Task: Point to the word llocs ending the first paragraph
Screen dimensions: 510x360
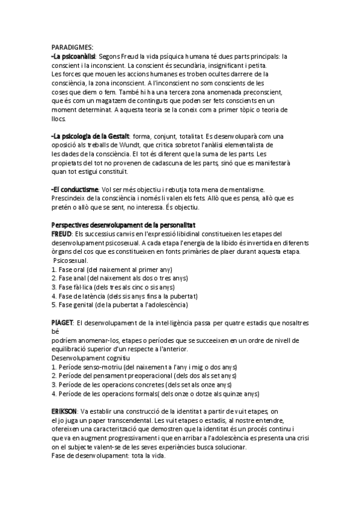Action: (58, 119)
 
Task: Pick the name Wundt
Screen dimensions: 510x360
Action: (156, 146)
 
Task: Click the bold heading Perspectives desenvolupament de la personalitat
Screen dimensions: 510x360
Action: (123, 225)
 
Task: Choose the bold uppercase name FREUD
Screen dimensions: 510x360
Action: (62, 234)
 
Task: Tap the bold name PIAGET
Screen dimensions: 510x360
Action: (63, 322)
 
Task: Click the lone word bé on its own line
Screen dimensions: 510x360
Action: (55, 331)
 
